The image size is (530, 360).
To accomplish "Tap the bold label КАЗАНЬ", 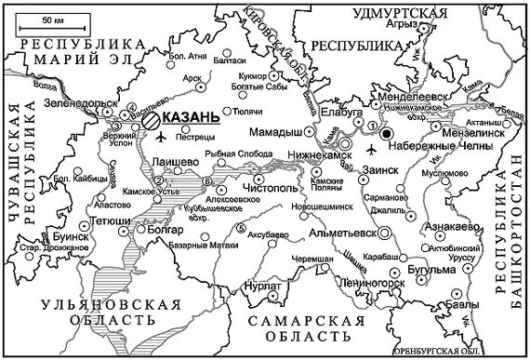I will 191,118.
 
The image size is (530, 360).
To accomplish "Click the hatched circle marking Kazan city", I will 151,118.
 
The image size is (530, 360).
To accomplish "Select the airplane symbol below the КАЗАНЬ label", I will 164,138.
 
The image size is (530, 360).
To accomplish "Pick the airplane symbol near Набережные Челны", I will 372,149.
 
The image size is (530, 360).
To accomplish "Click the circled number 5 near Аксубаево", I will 242,229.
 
